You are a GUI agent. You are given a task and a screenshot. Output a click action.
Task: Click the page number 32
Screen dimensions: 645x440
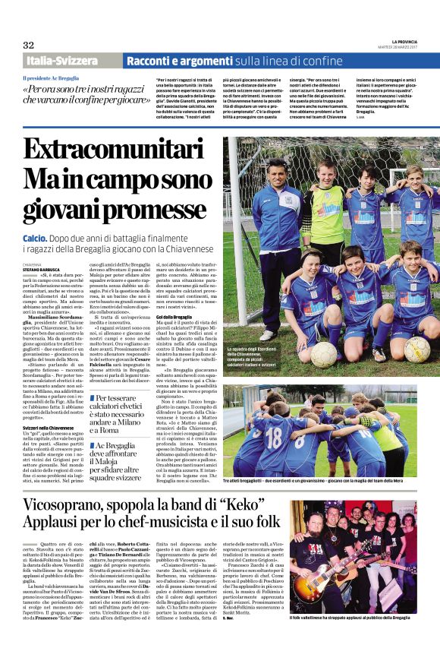pyautogui.click(x=28, y=45)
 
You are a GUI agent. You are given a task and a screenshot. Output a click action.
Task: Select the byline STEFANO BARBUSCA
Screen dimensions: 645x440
pyautogui.click(x=41, y=269)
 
